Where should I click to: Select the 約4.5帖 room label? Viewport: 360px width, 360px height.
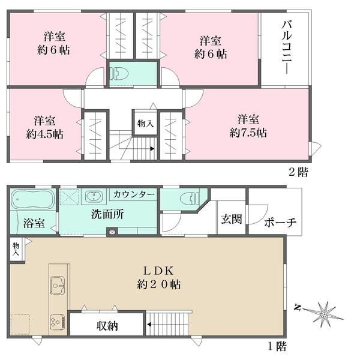tap(44, 126)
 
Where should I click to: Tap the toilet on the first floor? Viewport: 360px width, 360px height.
tap(187, 199)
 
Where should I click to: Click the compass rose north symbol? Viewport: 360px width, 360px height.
tap(323, 312)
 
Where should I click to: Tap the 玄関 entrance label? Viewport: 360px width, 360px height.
tap(231, 220)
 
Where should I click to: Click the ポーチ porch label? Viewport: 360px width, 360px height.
tap(280, 222)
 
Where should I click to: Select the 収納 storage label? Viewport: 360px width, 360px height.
tap(107, 326)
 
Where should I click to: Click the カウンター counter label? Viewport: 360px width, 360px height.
tap(133, 194)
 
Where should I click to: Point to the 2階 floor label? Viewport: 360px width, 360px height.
tap(299, 172)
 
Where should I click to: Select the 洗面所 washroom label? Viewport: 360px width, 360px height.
tap(107, 215)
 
